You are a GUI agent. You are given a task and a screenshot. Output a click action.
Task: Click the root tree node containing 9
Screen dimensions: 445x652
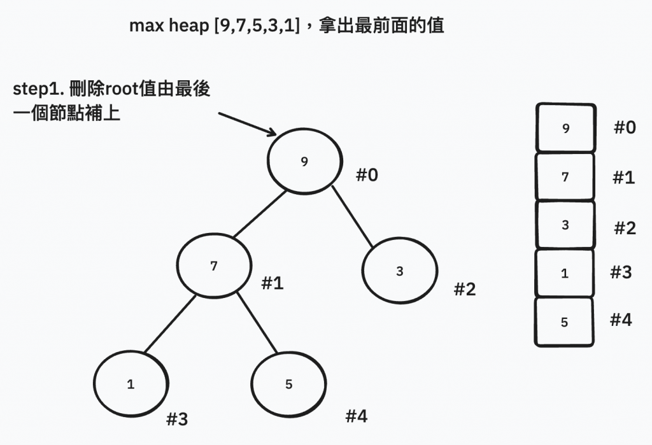[304, 162]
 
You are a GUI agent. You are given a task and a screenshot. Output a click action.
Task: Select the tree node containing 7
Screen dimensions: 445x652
[213, 267]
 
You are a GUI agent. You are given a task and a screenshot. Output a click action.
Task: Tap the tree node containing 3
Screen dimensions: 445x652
[399, 271]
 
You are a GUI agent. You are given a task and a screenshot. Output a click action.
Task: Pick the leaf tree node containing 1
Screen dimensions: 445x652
[131, 385]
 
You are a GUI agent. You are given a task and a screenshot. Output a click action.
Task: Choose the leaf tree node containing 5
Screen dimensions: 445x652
[288, 385]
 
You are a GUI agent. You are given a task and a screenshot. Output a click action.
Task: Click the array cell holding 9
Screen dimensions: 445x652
[566, 129]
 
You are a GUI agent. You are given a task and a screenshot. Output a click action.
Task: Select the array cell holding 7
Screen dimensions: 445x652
[565, 177]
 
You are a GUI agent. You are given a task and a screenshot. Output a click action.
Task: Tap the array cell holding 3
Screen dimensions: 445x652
[565, 225]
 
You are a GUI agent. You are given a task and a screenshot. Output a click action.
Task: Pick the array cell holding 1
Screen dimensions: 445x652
[565, 274]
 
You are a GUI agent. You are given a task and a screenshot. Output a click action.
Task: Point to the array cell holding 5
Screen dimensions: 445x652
[564, 322]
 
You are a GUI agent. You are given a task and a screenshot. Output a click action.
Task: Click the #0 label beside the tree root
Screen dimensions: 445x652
[366, 175]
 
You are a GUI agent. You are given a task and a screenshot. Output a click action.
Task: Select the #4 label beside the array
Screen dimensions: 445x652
[621, 320]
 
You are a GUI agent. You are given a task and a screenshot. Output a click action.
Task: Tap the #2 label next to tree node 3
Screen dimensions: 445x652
[465, 290]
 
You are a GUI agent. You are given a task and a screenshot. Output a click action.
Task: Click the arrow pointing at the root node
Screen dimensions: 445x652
[247, 124]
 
